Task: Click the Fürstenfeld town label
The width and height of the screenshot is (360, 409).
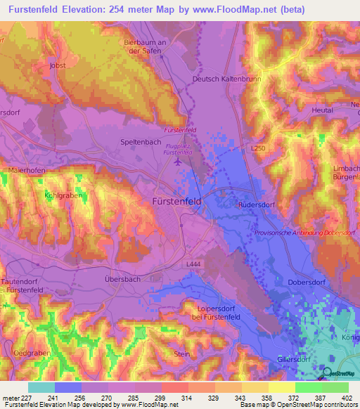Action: click(178, 201)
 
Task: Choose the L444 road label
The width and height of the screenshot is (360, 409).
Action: click(194, 263)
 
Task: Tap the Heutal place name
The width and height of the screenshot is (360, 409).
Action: click(322, 110)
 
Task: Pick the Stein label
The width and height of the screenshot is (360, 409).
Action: click(181, 354)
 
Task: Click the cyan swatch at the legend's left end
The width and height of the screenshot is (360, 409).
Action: click(41, 387)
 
